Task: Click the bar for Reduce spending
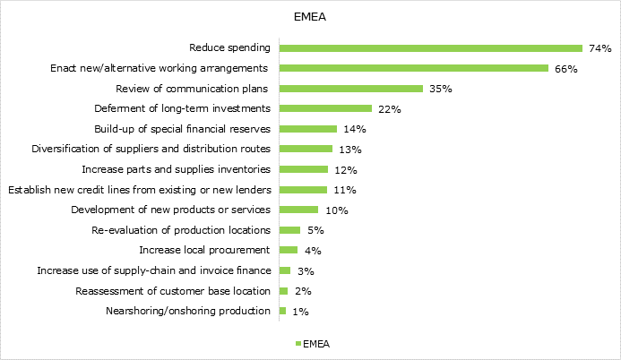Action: pos(431,47)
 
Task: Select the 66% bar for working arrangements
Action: pos(414,68)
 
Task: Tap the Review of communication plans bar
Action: pos(350,89)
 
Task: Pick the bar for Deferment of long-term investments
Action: pos(325,108)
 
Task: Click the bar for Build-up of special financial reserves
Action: pos(308,129)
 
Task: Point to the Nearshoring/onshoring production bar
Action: pos(283,311)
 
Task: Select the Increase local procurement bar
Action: pos(289,250)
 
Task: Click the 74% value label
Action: pos(599,48)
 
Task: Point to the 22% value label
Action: pos(389,109)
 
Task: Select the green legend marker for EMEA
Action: pos(298,343)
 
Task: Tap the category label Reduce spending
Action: pos(230,47)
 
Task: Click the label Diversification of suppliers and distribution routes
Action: pos(151,149)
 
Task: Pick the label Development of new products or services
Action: pos(170,210)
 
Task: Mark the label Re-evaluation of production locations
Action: pos(181,230)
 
